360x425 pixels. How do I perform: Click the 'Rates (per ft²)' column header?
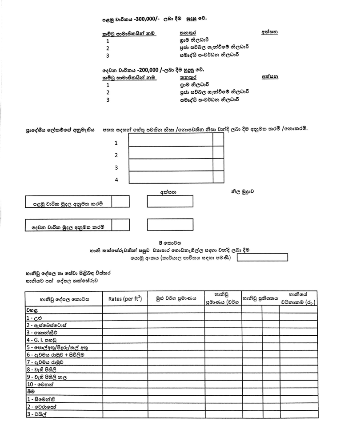125,298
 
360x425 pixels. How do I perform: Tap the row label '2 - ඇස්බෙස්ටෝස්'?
49,325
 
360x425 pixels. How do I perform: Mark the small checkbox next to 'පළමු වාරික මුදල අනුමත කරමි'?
120,202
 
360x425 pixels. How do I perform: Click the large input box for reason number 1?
170,139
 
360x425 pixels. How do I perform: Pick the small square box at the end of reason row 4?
218,177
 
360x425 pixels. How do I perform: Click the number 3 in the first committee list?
108,56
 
